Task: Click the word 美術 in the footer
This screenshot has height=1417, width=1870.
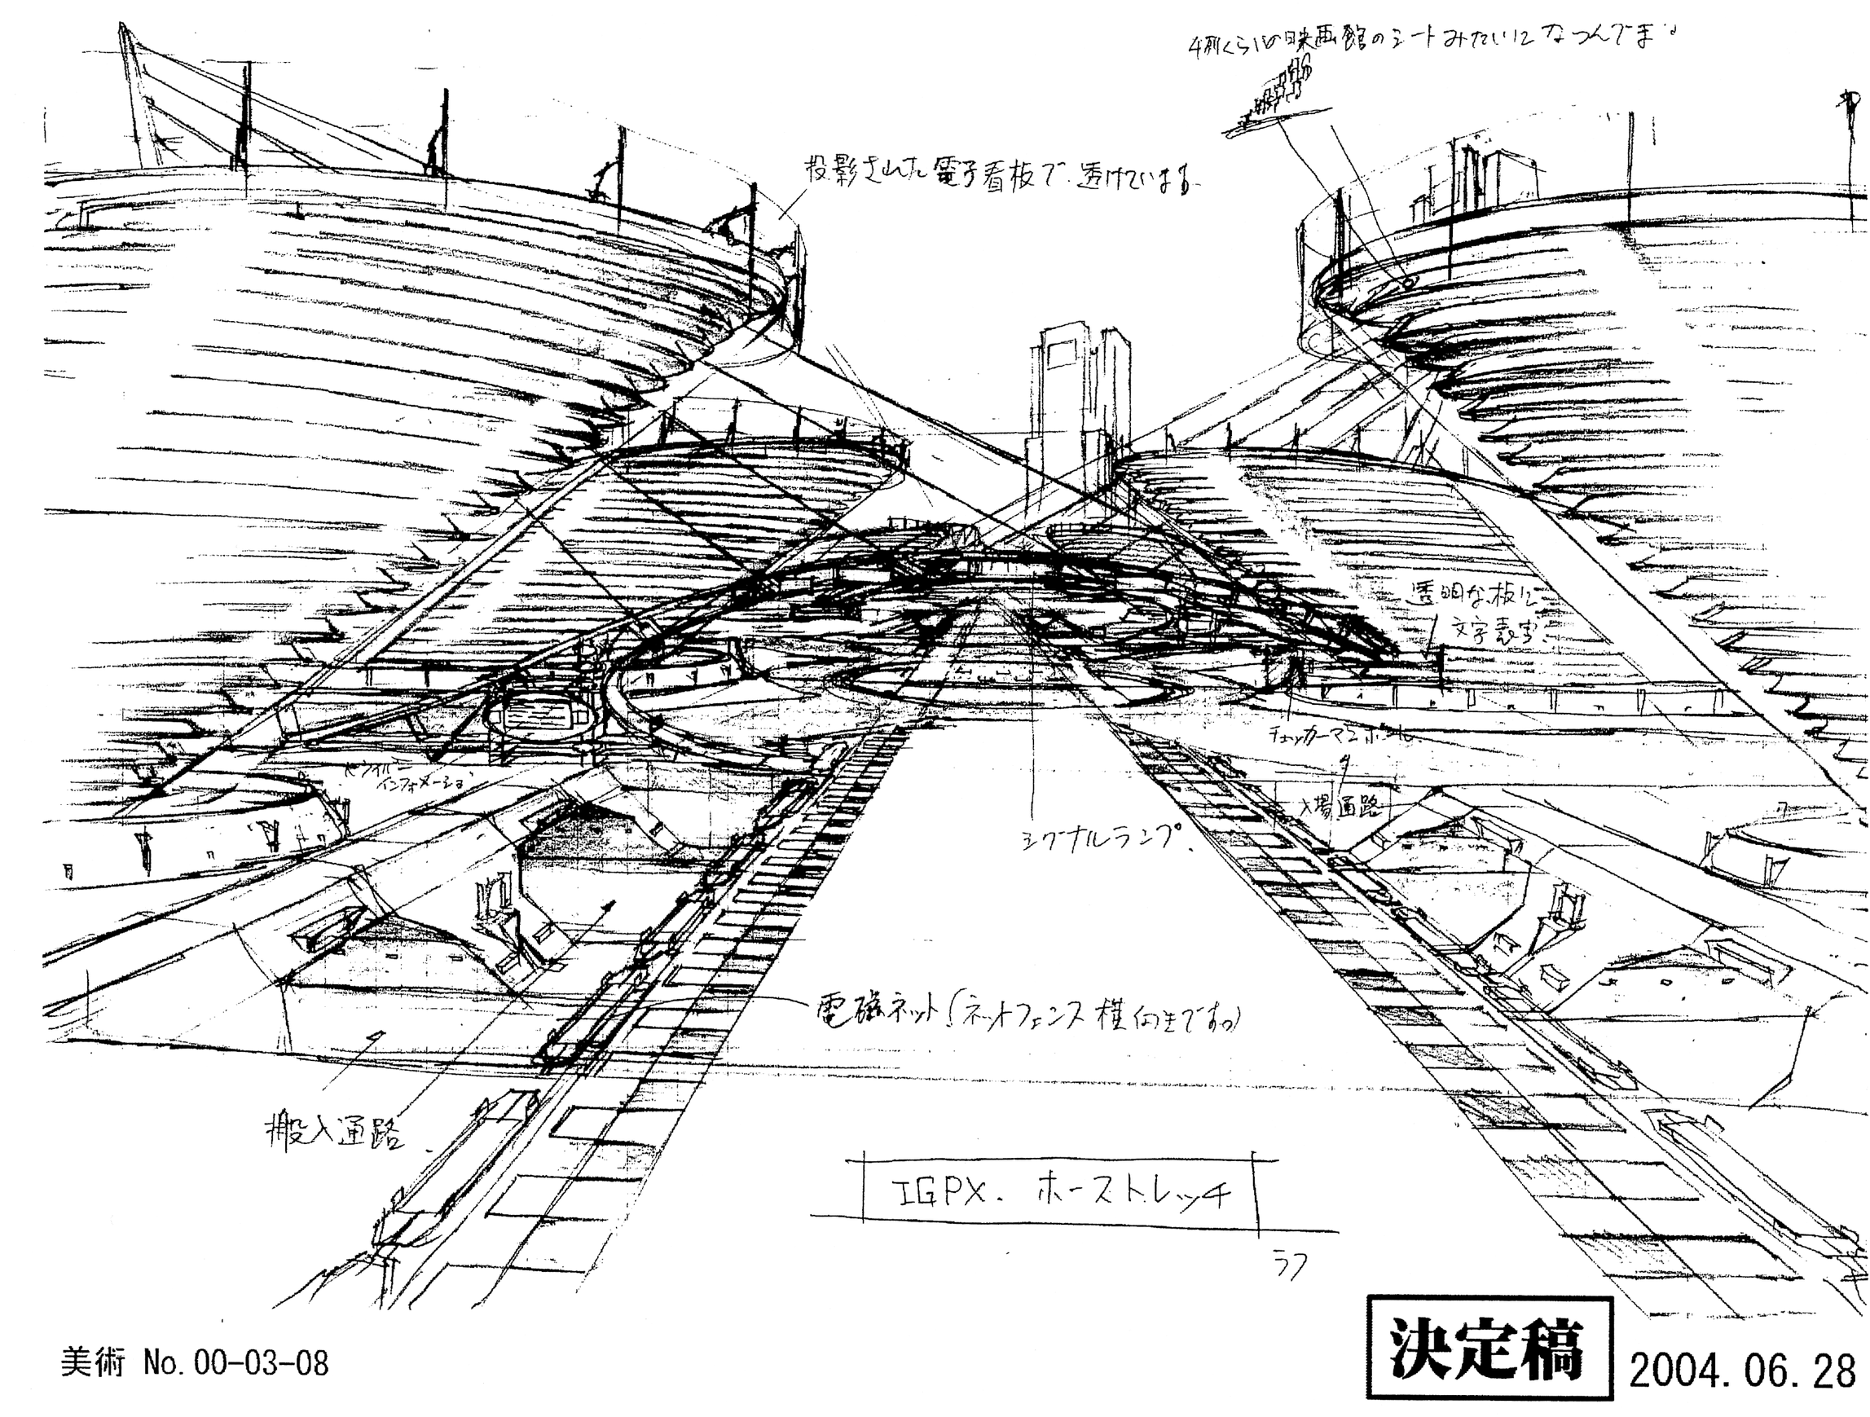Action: click(92, 1363)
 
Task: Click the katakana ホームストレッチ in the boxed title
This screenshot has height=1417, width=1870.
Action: click(1133, 1194)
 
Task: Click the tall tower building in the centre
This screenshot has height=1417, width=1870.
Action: click(1078, 398)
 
